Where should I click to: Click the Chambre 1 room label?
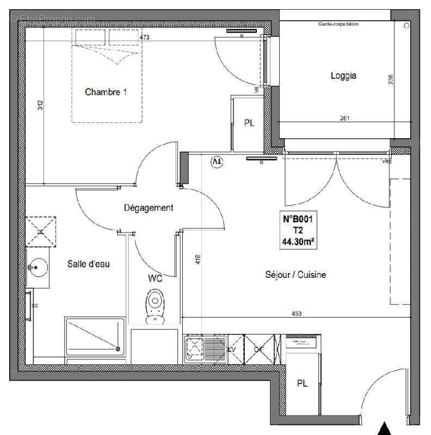(106, 92)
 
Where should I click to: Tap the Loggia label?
(343, 76)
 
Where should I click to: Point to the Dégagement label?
(149, 208)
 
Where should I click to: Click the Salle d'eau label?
(89, 264)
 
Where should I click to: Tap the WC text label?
(155, 278)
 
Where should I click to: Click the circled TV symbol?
(217, 161)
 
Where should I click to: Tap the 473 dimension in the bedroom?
(144, 38)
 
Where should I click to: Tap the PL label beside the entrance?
(302, 383)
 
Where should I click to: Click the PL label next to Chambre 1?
(249, 123)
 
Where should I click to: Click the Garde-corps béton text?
(338, 24)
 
